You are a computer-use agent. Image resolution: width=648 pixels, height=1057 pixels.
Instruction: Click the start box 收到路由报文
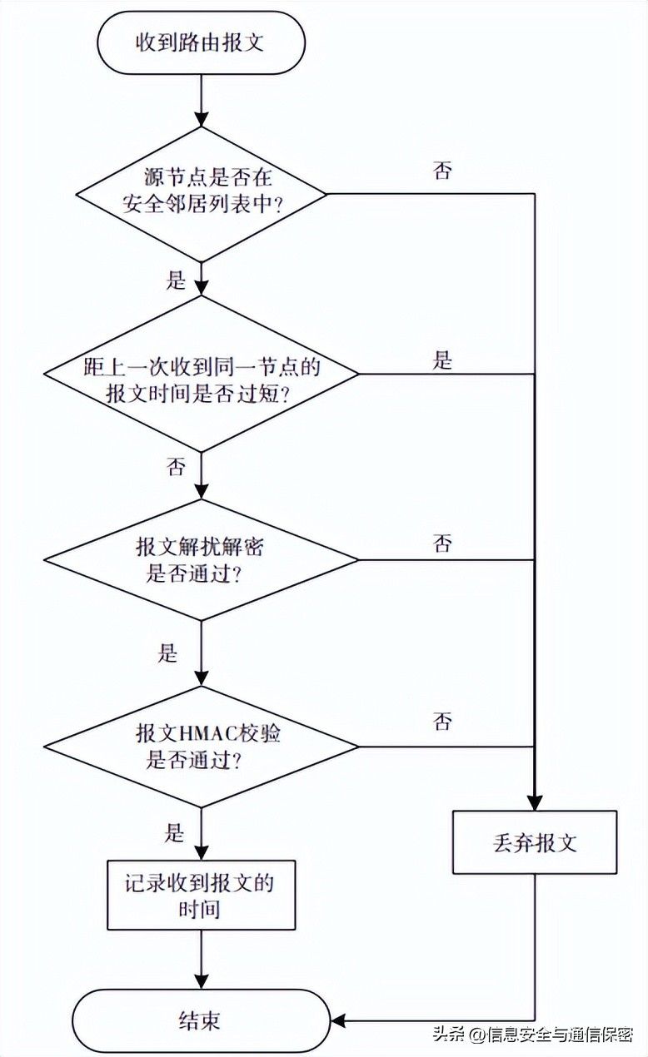202,42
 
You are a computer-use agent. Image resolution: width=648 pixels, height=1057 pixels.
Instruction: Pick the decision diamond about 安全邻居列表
202,193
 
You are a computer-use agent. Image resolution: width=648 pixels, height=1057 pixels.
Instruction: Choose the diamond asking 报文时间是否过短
202,374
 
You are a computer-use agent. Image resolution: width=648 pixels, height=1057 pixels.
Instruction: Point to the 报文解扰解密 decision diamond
202,559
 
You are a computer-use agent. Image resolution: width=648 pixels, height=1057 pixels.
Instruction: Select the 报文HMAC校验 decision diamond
202,747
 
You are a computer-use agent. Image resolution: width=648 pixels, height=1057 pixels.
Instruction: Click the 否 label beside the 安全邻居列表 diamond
442,170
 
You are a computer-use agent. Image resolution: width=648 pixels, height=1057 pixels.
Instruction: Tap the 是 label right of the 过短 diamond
442,360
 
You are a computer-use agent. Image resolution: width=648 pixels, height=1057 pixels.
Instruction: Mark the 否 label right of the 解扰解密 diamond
442,543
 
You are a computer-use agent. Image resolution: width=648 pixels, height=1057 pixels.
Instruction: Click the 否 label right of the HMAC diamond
442,722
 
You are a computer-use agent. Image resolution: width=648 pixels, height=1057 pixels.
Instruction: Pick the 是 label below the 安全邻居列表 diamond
176,280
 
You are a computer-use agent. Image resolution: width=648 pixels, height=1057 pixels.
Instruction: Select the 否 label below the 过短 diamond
176,466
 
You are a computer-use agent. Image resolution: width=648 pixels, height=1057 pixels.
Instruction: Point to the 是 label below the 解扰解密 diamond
167,653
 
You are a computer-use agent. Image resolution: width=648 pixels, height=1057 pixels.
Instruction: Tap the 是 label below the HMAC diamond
174,833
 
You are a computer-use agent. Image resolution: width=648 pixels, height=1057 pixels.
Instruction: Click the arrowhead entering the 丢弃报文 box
535,802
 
